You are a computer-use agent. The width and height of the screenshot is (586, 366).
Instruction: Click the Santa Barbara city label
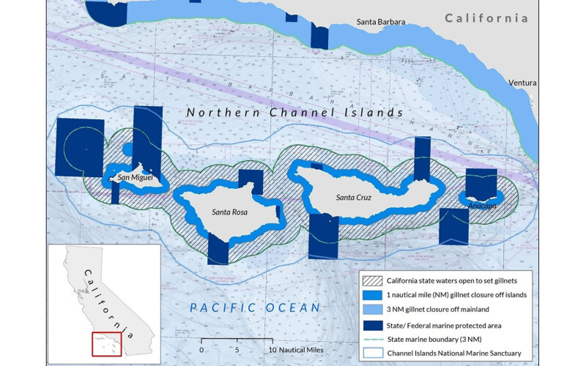click(380, 22)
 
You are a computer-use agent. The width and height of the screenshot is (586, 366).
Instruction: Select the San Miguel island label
click(135, 178)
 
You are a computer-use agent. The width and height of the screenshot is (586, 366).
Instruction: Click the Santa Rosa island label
click(229, 212)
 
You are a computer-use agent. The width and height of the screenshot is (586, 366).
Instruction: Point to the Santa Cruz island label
click(356, 198)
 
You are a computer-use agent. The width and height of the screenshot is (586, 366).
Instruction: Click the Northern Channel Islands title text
click(294, 113)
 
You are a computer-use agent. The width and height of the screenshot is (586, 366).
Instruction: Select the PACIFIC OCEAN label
click(255, 307)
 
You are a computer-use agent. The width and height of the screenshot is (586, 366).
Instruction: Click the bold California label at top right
click(486, 18)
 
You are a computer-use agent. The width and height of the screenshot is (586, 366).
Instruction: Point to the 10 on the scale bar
click(272, 350)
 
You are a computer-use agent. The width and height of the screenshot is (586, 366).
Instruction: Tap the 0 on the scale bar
click(201, 350)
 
